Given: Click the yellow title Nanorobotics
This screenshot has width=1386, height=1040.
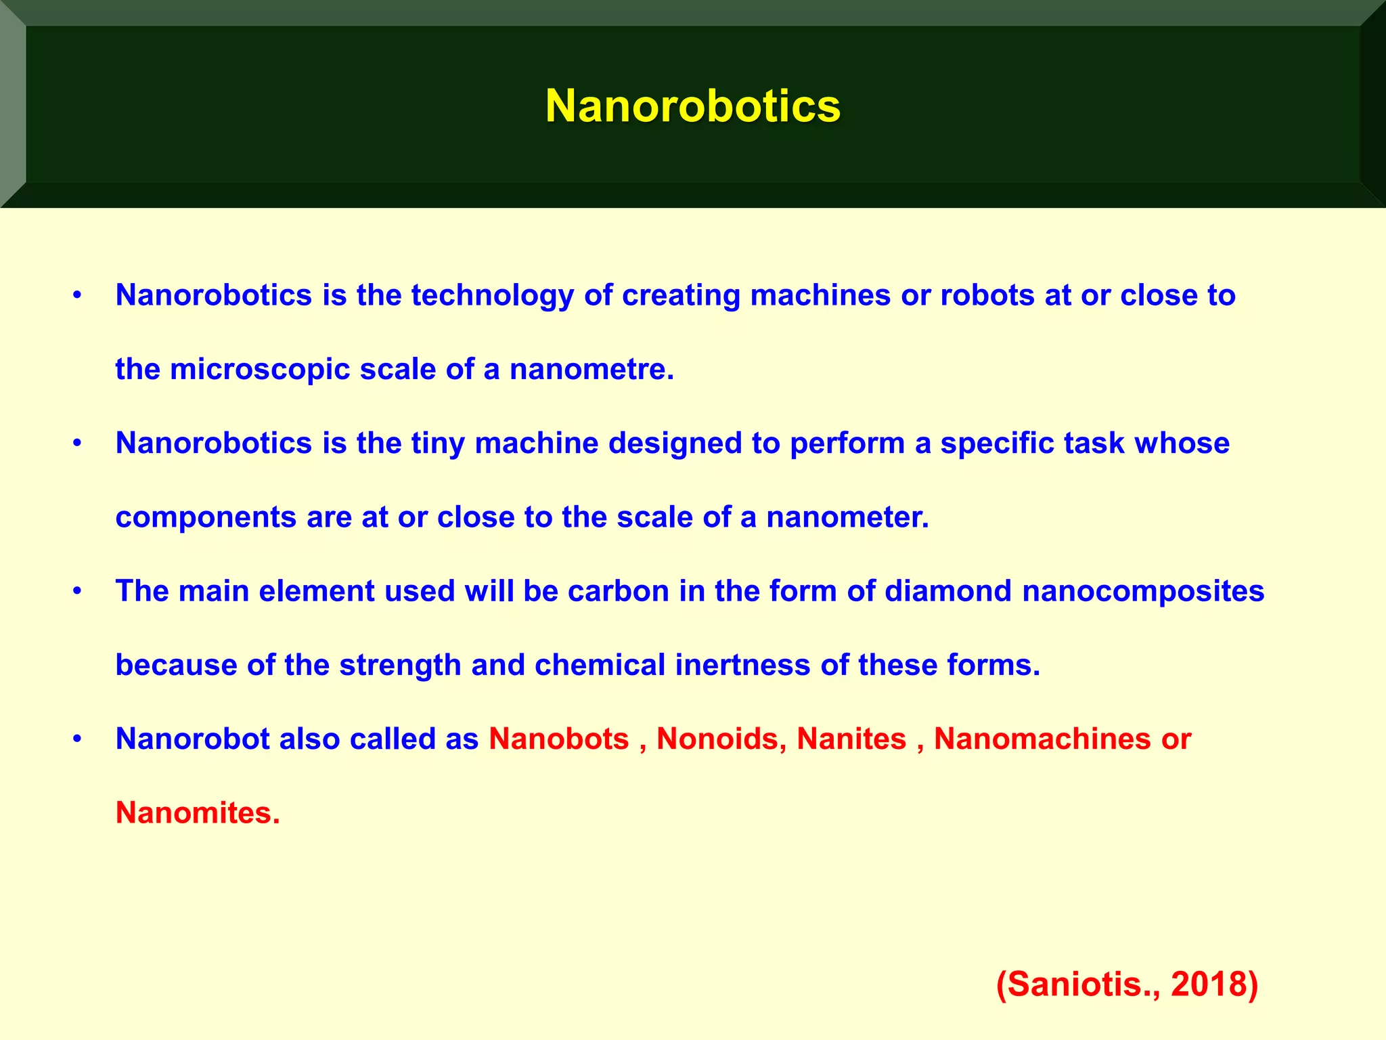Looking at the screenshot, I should click(x=692, y=106).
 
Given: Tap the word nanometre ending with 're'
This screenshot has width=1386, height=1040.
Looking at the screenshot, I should click(x=591, y=370).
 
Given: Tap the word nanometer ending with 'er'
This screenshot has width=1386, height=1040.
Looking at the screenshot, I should click(x=847, y=517).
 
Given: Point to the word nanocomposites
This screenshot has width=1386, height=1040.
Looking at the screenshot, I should click(x=1143, y=591).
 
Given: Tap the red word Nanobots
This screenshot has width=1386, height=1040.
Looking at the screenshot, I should click(x=559, y=739).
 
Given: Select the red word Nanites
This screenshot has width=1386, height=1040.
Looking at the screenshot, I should click(x=851, y=739).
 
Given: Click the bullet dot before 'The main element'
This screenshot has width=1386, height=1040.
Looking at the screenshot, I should click(x=78, y=592).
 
